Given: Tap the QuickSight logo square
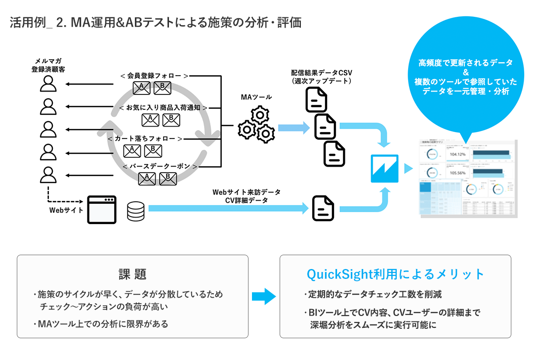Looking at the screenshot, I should [384, 169].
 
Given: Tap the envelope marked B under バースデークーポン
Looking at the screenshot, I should [168, 178].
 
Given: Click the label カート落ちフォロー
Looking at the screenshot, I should [146, 139].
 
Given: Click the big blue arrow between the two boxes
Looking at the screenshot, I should [263, 296].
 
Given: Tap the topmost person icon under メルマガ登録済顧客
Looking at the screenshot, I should [48, 84].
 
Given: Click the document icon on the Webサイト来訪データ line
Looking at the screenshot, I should [323, 208].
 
